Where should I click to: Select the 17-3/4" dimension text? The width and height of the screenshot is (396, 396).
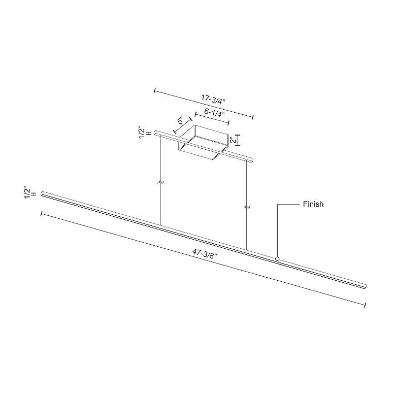(212, 99)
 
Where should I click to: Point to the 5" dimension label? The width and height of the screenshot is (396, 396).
(181, 122)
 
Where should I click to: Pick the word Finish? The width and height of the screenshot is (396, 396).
(313, 204)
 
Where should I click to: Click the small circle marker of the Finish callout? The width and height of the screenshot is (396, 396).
(277, 259)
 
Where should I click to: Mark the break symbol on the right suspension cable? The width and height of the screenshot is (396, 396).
(247, 208)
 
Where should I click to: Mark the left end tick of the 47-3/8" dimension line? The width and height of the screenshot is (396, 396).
(41, 214)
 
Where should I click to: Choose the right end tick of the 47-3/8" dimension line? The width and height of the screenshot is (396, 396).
(365, 305)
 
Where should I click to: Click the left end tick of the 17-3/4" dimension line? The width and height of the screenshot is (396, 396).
(154, 91)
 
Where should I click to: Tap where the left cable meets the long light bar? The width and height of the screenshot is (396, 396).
(160, 225)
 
